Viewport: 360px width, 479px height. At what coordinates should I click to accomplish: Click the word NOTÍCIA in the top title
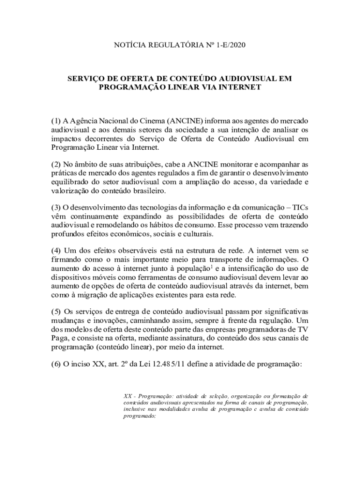[x=130, y=45]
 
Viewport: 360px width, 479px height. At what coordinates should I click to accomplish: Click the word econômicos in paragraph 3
[x=131, y=233]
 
